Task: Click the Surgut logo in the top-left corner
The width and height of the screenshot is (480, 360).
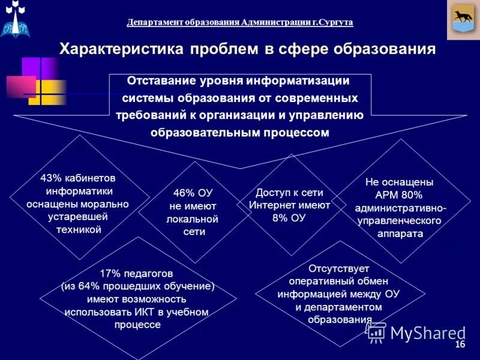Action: point(16,19)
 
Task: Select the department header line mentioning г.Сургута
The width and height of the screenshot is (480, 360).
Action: point(240,22)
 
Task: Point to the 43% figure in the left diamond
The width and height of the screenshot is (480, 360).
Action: point(50,178)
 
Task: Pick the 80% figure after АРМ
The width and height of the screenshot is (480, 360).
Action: point(413,195)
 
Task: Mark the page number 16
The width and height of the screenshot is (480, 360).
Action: point(460,345)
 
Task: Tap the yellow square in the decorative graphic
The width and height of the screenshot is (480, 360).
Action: point(47,93)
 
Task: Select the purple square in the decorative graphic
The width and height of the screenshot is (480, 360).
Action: point(39,68)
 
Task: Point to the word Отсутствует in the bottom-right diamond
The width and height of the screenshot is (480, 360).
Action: point(338,268)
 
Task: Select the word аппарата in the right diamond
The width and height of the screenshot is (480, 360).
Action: point(400,234)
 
